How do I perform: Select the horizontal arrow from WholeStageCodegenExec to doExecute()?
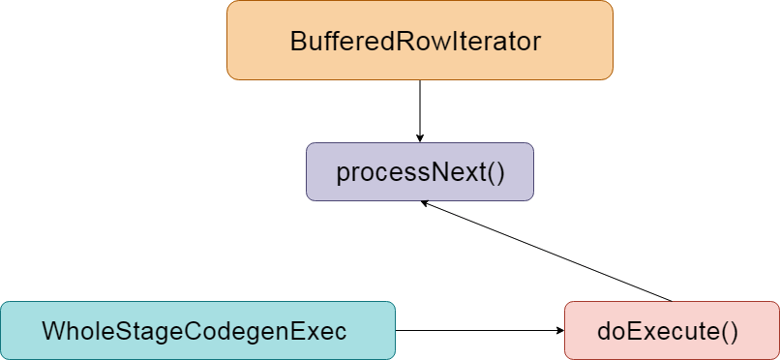tap(479, 331)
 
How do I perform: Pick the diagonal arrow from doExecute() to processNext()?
tap(547, 252)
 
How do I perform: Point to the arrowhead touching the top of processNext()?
tap(419, 137)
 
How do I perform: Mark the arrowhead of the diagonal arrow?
tap(426, 203)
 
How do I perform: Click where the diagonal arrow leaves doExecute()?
tap(671, 300)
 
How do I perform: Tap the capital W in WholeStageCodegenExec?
tap(51, 331)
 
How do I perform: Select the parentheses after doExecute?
tap(729, 331)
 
